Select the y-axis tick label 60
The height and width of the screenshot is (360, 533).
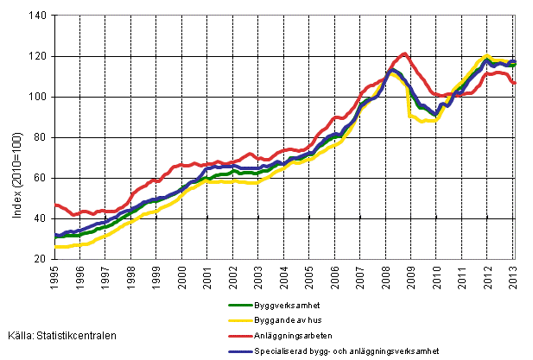coord(39,178)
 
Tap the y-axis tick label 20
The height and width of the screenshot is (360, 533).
coord(39,259)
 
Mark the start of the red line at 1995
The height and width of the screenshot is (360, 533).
coord(55,205)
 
